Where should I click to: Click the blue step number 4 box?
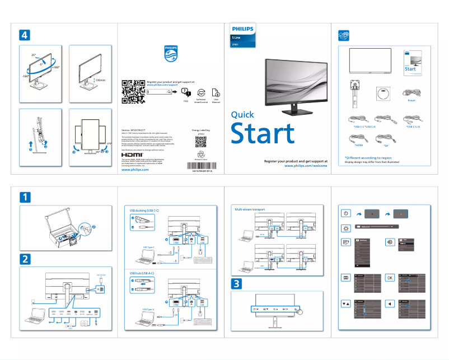tap(25, 35)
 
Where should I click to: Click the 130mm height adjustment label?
tap(101, 80)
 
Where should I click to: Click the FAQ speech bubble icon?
tap(186, 92)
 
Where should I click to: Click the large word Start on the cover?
tap(263, 134)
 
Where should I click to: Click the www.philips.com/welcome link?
tap(306, 166)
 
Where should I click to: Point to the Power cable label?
tap(411, 101)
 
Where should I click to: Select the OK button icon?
tap(390, 277)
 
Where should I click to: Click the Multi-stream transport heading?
tap(250, 209)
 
